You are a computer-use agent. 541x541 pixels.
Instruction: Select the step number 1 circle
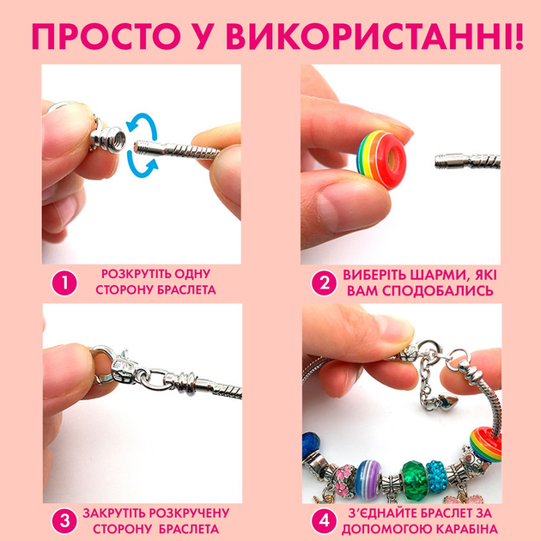(x=64, y=283)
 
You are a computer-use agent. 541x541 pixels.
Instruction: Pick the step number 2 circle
(x=324, y=283)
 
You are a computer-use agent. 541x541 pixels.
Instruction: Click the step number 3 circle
(x=64, y=520)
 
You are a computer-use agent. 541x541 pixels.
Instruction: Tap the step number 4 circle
(x=324, y=520)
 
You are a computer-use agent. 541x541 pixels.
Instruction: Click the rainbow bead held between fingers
(x=381, y=160)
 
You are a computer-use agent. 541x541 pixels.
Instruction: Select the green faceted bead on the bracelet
(x=414, y=480)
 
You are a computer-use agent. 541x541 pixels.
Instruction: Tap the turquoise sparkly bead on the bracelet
(x=437, y=477)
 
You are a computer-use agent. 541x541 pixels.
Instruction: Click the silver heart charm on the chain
(x=449, y=402)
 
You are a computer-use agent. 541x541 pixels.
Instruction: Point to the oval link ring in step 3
(x=156, y=379)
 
